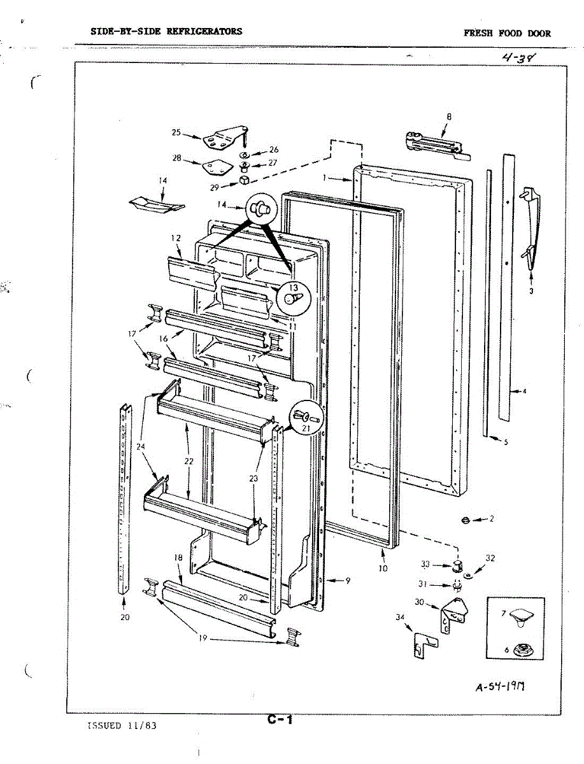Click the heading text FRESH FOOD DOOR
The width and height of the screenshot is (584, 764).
point(507,34)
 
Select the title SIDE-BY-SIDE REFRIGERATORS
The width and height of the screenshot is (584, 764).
point(166,31)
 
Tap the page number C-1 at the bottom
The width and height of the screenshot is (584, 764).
point(280,720)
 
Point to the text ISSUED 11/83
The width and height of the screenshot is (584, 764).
point(121,725)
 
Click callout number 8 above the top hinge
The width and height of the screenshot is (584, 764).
point(448,116)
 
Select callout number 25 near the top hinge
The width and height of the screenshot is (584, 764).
point(177,132)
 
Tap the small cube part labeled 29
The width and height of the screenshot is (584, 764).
point(243,181)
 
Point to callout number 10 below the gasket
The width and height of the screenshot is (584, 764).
point(383,568)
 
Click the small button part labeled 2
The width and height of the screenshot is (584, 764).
point(465,521)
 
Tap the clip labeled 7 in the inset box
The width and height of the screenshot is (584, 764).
point(522,614)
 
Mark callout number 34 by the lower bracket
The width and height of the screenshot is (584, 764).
point(400,616)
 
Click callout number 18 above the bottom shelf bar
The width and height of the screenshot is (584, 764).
point(178,557)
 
